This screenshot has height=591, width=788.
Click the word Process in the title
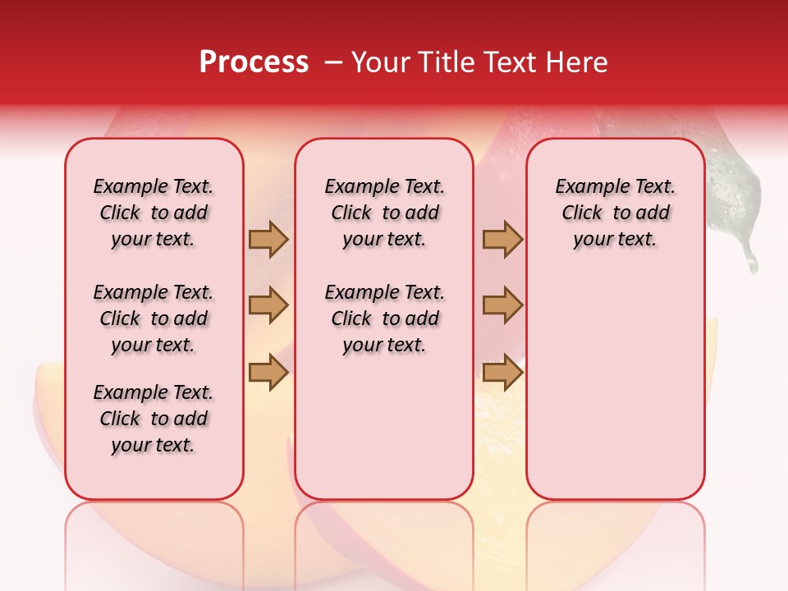(x=254, y=62)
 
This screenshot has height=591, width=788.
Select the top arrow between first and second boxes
(x=268, y=239)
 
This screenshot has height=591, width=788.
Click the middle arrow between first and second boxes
(x=268, y=305)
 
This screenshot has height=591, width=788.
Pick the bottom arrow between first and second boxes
(x=268, y=373)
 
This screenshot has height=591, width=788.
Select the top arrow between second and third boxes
(x=502, y=239)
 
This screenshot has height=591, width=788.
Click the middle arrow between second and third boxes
(x=502, y=305)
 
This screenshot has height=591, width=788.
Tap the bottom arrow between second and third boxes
(x=502, y=373)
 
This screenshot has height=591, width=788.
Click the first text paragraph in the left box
(x=153, y=213)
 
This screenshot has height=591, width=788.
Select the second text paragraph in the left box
(x=153, y=318)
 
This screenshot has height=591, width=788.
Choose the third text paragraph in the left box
(x=153, y=419)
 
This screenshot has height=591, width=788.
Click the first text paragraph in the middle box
(x=384, y=213)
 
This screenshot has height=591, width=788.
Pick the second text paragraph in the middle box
(x=384, y=318)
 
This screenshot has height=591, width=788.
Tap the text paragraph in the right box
(x=615, y=213)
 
